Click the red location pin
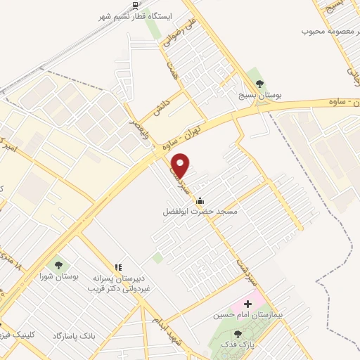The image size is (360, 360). (x=181, y=165)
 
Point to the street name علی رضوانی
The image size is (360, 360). (x=173, y=32)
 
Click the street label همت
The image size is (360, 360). (x=171, y=70)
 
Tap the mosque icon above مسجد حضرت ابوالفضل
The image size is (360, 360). (x=200, y=200)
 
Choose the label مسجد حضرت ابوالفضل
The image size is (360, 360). (x=200, y=211)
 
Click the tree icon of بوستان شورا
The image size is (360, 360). (x=58, y=265)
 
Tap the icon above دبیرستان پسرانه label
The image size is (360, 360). (x=118, y=268)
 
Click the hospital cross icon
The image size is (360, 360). (x=246, y=303)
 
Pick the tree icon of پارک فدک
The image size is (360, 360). (x=238, y=334)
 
